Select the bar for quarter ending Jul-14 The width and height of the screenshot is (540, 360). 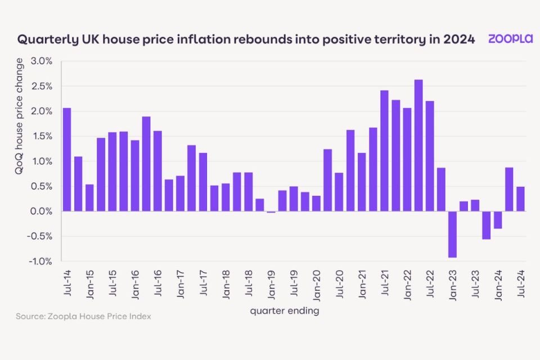67,159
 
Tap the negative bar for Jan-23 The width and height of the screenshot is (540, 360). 452,234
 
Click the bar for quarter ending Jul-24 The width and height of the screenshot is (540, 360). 520,199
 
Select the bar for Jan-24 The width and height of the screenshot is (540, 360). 498,220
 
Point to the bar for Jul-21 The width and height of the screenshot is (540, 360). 384,151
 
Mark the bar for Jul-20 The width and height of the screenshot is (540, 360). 339,192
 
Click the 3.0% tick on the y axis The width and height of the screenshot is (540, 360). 41,61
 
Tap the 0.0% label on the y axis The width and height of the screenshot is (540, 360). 41,211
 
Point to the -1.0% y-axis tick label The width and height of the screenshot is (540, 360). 40,262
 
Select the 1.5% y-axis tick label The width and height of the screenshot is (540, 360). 41,136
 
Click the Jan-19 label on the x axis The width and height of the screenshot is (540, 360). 271,284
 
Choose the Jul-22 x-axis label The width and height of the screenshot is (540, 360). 430,284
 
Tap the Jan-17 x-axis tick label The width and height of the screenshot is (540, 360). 181,284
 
